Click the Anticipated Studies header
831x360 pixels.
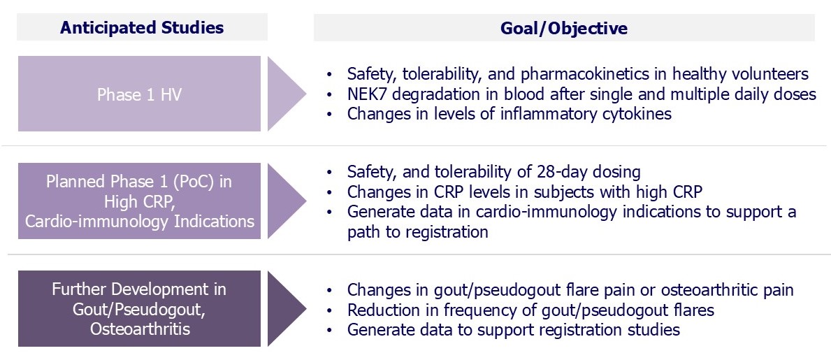[x=142, y=27]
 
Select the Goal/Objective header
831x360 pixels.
[x=564, y=27]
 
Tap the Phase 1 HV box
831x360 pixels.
[x=139, y=94]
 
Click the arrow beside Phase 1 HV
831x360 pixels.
[x=286, y=94]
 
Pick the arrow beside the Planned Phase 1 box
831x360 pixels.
[x=286, y=201]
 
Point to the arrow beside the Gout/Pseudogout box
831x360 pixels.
[x=286, y=308]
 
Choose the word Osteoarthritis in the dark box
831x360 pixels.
[x=140, y=329]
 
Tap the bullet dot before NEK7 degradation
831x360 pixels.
[x=331, y=95]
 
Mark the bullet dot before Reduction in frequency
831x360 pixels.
[x=331, y=310]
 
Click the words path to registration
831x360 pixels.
[x=418, y=232]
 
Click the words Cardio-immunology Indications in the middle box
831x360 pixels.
[x=140, y=221]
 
